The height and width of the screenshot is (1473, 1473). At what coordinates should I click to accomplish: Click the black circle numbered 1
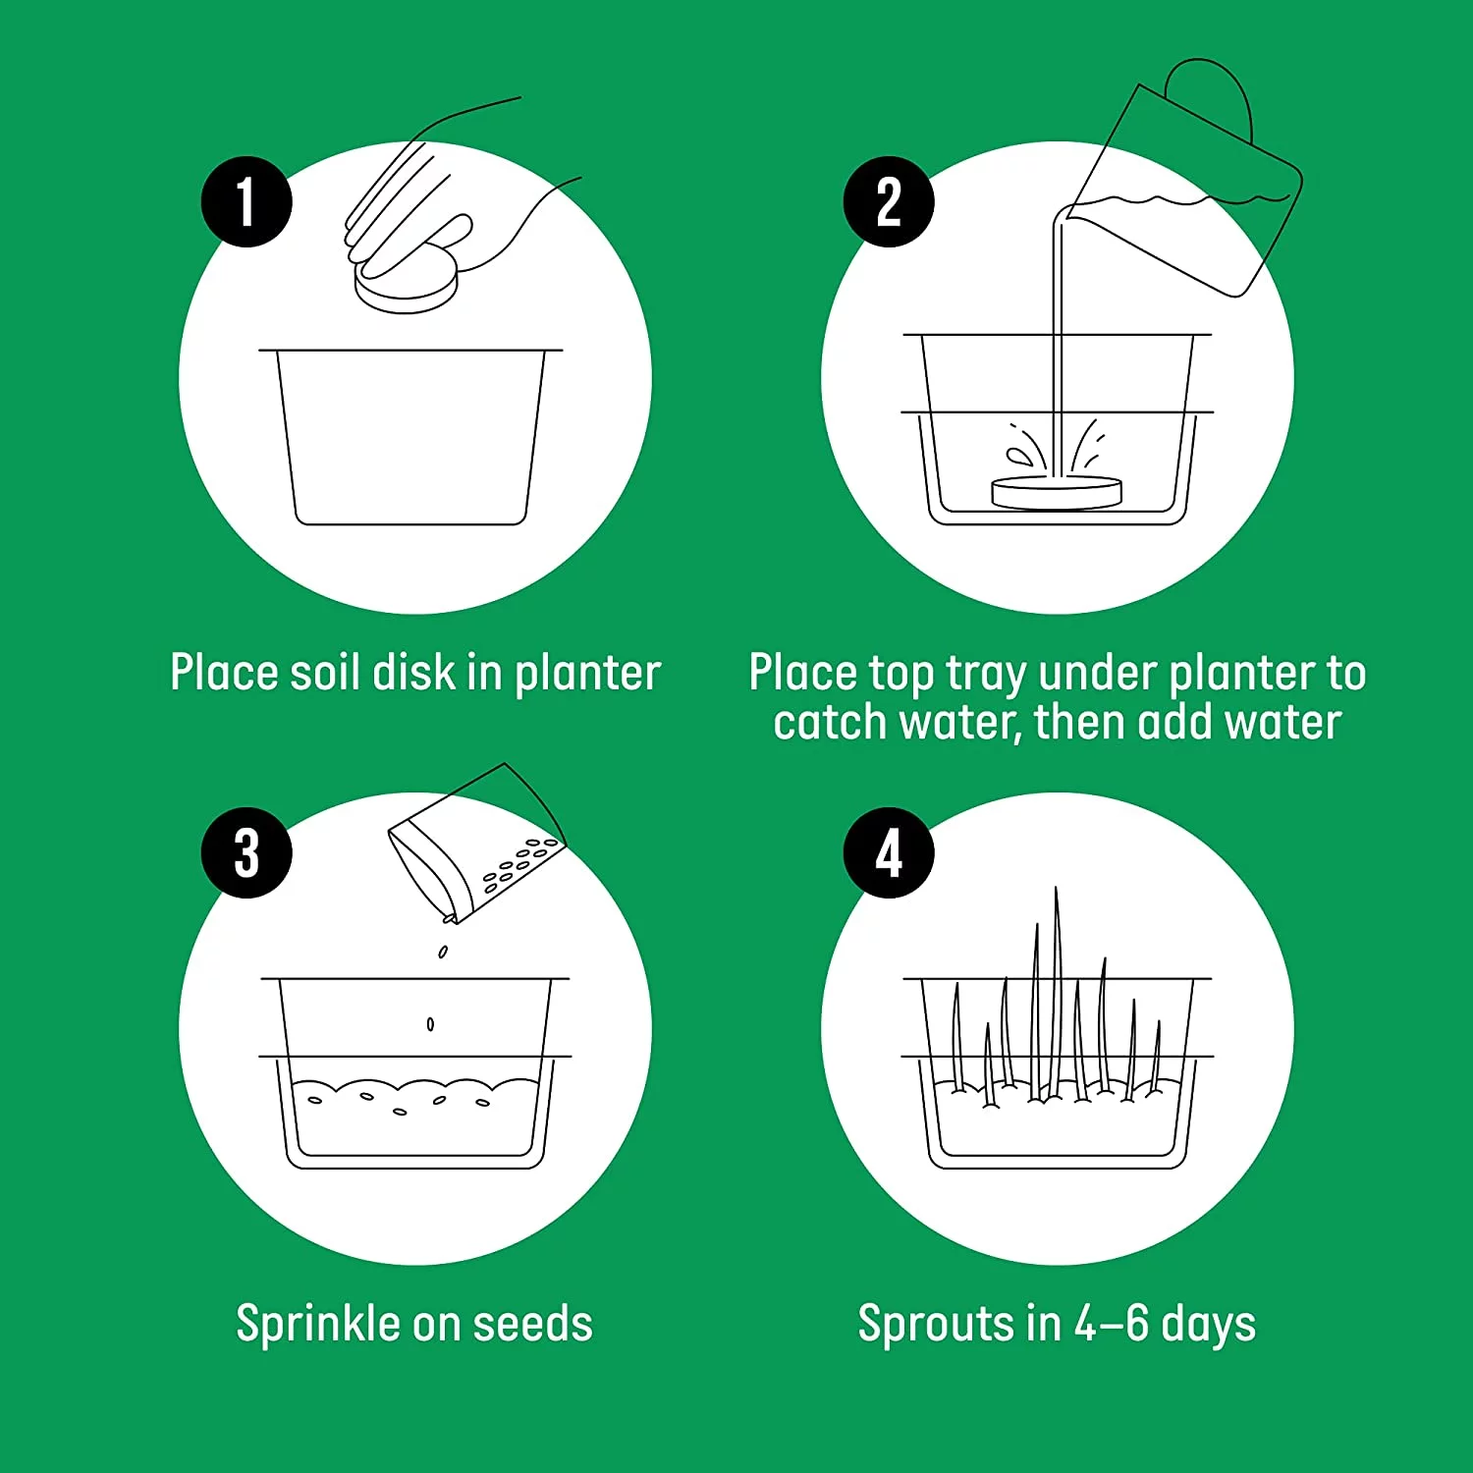(246, 201)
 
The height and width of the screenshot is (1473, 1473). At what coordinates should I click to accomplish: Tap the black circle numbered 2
(889, 201)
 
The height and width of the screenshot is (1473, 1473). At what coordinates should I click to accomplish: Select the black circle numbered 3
(246, 852)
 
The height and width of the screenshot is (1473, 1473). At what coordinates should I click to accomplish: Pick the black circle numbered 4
(889, 852)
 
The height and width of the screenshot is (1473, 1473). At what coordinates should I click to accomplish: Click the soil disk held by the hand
(406, 283)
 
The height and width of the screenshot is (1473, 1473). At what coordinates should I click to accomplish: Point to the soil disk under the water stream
(1056, 493)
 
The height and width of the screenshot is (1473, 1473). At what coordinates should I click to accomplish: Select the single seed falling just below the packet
(443, 952)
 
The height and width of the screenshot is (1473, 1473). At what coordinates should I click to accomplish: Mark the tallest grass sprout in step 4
(1057, 992)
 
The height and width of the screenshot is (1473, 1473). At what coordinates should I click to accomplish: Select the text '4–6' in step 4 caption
(1111, 1324)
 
